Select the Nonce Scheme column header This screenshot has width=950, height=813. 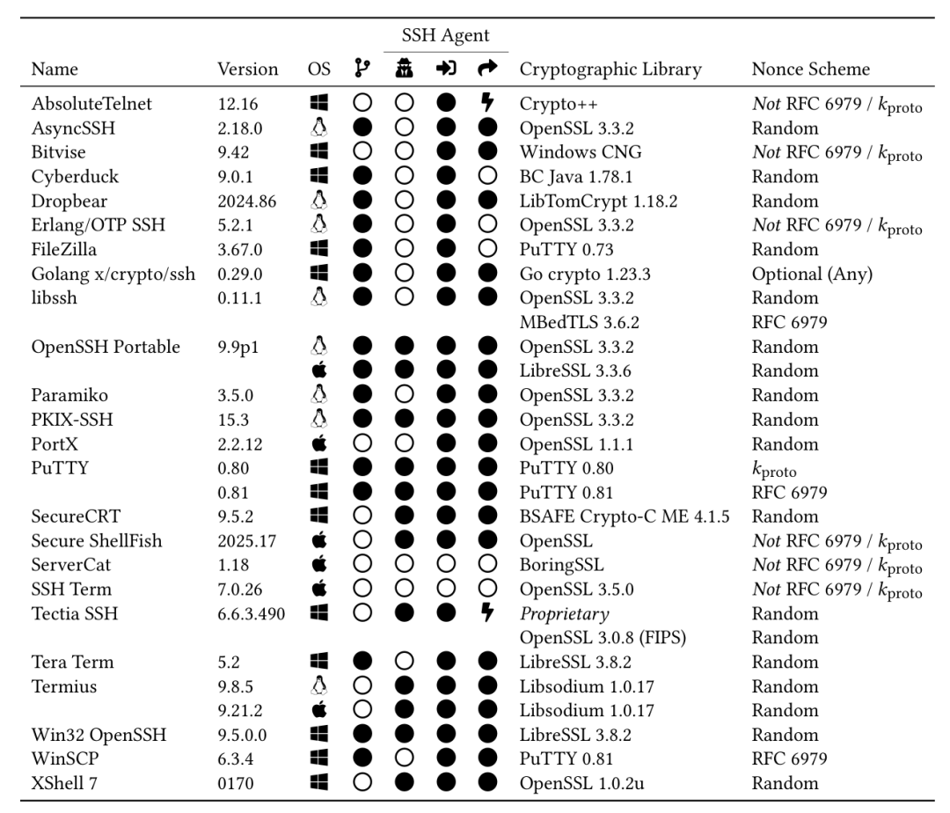point(809,70)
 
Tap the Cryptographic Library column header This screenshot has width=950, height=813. point(610,70)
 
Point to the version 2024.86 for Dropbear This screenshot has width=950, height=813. point(246,201)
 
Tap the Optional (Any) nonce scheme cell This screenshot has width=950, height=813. point(811,274)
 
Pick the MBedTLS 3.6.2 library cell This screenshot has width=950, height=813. point(576,322)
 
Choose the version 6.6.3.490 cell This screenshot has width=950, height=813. point(252,613)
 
